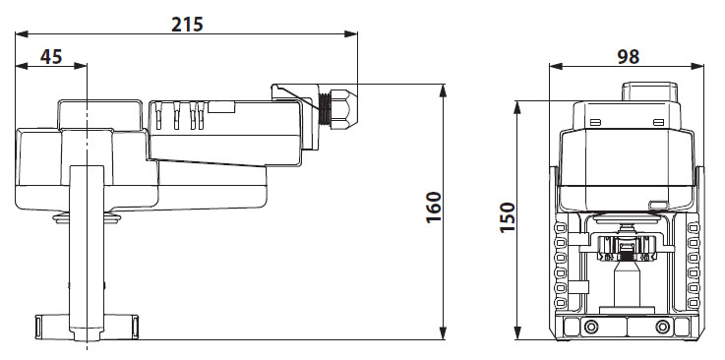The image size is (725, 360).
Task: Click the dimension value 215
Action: pyautogui.click(x=187, y=22)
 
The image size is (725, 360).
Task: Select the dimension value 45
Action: pyautogui.click(x=50, y=56)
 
